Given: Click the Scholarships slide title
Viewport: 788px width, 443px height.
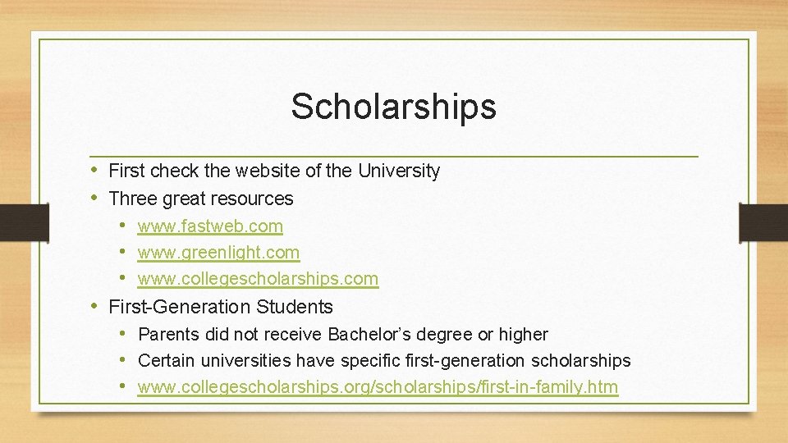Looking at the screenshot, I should [393, 107].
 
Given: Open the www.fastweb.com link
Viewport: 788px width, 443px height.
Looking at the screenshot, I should [210, 226].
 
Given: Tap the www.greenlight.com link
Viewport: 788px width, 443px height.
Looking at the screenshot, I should [218, 253].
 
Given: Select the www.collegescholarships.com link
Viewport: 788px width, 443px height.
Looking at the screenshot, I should [258, 279].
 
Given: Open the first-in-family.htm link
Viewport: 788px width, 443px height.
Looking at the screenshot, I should [378, 386].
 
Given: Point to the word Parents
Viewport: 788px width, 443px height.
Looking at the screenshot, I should [168, 335].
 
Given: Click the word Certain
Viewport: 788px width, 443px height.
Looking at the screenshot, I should [167, 361].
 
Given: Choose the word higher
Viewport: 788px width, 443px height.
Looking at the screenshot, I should [524, 335].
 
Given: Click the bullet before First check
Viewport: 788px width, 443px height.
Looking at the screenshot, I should [96, 170].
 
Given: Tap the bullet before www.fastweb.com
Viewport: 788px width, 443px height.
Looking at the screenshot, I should [122, 225].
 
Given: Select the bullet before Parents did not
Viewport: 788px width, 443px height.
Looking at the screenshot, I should [122, 334].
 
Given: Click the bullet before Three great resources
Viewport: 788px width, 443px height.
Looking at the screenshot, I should [96, 198].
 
